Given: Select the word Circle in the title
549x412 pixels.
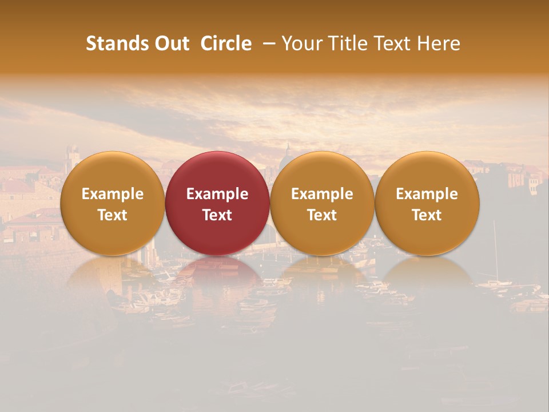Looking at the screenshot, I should (x=226, y=43).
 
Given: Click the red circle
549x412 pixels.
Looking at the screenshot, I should (x=217, y=172).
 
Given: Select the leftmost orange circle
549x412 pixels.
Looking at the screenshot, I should (x=112, y=172).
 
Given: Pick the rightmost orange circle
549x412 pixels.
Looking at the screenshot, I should (x=427, y=172).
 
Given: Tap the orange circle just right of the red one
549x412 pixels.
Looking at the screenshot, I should (x=322, y=172).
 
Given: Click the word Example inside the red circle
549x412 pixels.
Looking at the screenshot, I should (x=217, y=194).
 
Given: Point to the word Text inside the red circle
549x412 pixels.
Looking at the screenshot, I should (x=217, y=215).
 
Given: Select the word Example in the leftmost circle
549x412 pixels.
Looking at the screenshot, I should (x=112, y=194).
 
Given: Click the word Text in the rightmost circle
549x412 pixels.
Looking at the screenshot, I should (x=427, y=215).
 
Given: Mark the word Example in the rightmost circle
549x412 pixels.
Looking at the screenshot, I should (x=427, y=194).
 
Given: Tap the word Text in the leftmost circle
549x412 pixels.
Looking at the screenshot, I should (x=112, y=215).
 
